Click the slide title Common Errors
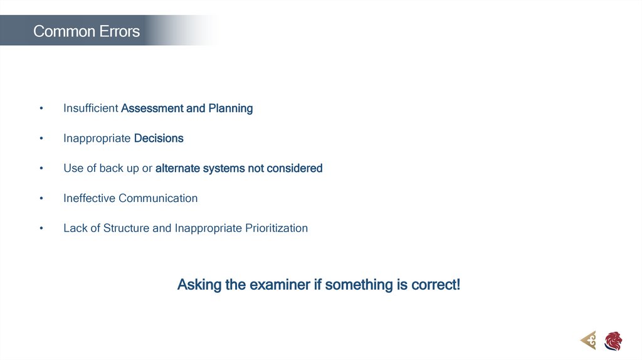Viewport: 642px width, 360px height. tap(87, 31)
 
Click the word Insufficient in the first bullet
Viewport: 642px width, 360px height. tap(90, 109)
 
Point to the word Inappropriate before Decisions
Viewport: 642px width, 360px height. tap(97, 139)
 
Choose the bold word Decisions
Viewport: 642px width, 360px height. tap(159, 139)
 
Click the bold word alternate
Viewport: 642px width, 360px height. tap(177, 169)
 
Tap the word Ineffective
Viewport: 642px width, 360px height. tap(89, 199)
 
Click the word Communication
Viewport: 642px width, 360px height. tap(158, 199)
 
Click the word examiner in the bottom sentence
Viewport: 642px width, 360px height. tap(280, 285)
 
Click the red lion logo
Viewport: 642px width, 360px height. tap(613, 341)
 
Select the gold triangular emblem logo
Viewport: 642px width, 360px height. tap(588, 341)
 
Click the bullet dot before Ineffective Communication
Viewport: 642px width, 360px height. tap(41, 199)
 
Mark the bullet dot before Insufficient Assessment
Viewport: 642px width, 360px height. tap(41, 109)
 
